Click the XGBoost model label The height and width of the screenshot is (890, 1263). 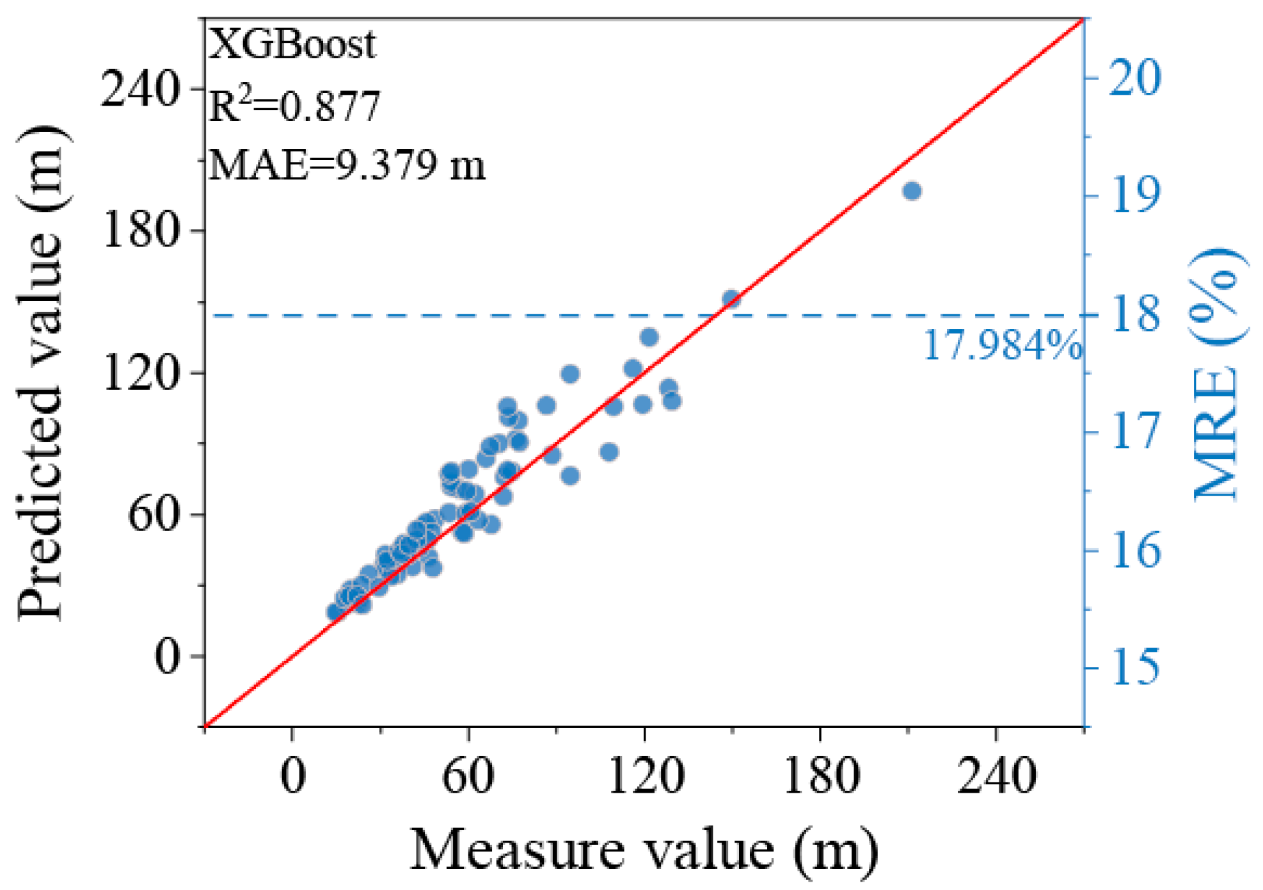click(292, 45)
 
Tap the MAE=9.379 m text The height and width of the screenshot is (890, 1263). click(347, 165)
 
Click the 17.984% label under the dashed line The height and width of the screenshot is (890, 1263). click(1003, 346)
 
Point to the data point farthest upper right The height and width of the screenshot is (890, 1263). click(912, 191)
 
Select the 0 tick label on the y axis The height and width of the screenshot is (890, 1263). click(168, 656)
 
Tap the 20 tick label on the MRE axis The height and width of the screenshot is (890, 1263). click(1134, 78)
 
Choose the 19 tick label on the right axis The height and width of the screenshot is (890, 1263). click(1135, 196)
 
